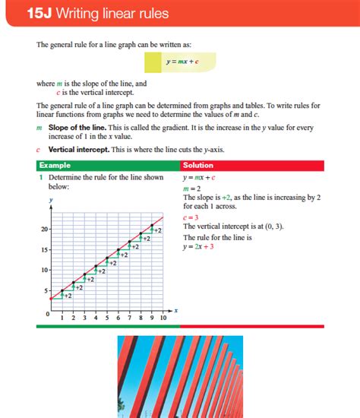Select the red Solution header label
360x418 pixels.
(x=198, y=165)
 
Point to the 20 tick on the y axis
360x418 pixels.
(x=45, y=229)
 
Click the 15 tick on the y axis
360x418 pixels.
(x=45, y=249)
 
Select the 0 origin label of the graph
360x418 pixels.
(x=47, y=313)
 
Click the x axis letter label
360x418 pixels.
(x=175, y=310)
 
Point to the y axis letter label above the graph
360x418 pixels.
(x=50, y=199)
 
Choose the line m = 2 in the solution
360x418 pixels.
(x=191, y=188)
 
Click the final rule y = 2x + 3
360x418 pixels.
(x=198, y=246)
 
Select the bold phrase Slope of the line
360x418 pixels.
(x=74, y=128)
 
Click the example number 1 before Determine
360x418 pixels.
(x=40, y=177)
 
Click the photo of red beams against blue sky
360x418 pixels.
(x=180, y=376)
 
